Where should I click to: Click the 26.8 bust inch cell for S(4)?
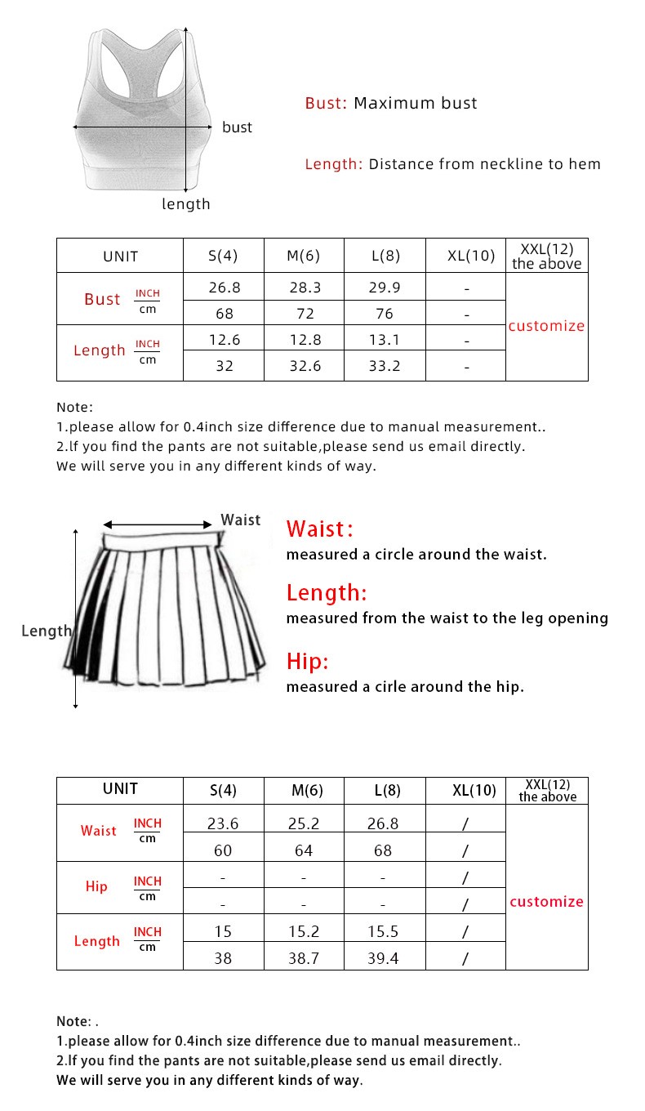point(224,288)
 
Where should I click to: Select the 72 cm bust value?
point(304,314)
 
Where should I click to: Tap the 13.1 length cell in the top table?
point(384,339)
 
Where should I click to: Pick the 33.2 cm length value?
point(384,366)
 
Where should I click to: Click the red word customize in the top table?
point(546,326)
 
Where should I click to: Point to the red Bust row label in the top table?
point(102,299)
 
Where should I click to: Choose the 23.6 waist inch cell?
point(223,823)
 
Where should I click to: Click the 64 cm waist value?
point(304,850)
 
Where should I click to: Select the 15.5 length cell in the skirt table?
point(383,931)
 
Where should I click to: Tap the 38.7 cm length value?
point(304,958)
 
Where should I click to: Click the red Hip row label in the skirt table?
point(96,886)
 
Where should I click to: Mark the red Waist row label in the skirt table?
point(98,831)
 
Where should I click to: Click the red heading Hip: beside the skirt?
point(307,661)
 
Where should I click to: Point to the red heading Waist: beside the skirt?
point(319,529)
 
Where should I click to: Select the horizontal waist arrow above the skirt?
point(158,525)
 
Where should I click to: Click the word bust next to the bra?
point(237,127)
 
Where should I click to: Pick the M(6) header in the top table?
point(304,256)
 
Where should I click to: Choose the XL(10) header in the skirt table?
point(474,791)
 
